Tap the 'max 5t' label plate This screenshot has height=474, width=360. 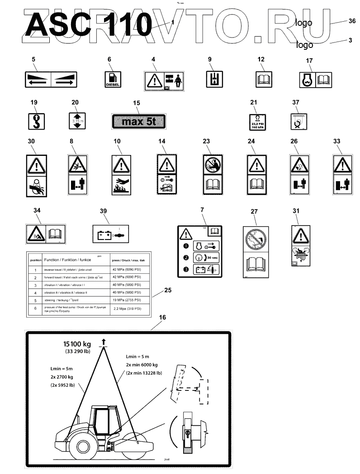(x=138, y=121)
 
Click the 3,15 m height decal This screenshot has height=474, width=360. (x=76, y=121)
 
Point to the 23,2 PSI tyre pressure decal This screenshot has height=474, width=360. (x=257, y=121)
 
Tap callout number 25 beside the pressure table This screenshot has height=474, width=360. (x=168, y=291)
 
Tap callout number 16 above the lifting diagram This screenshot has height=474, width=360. (x=162, y=318)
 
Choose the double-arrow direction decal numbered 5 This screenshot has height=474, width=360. (x=51, y=80)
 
